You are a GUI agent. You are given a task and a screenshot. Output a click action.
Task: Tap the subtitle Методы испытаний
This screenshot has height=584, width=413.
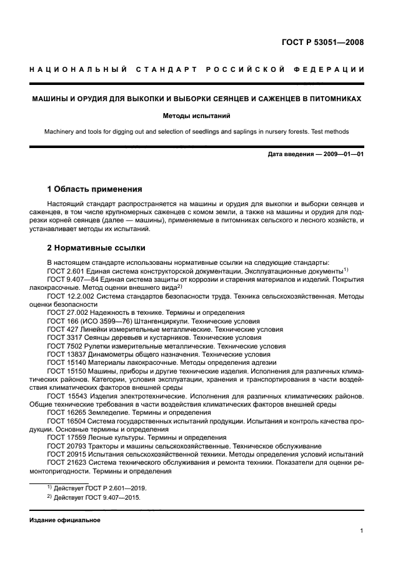click(x=197, y=116)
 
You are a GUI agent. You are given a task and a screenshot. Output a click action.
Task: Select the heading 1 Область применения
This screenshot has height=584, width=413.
click(x=95, y=189)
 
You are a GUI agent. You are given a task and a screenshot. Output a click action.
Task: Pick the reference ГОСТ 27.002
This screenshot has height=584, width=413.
click(x=69, y=312)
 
